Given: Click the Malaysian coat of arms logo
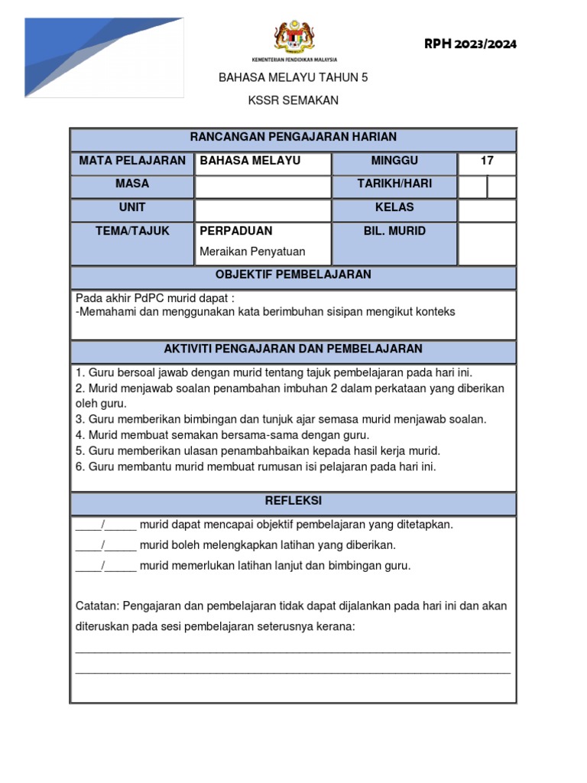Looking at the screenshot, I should coord(293,37).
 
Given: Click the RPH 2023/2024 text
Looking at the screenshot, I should coord(470,44).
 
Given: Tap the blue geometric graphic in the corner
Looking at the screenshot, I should coord(104,57).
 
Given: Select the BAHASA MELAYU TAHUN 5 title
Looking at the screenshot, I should coord(293,77).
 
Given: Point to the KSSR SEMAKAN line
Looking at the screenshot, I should coord(293,100).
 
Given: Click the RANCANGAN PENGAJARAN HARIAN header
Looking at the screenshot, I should coord(293,138).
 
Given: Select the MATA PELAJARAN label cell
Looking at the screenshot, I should coord(132,161).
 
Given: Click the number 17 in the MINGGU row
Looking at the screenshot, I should coord(487,161).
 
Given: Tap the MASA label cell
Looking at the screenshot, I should coord(132,184).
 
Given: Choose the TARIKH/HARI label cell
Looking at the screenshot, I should coord(394,184).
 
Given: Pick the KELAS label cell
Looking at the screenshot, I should coord(394,208).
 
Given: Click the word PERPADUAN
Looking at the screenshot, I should coord(236,231).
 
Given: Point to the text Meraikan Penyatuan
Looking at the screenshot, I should coord(252,252).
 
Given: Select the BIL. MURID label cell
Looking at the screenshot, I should coord(394,231).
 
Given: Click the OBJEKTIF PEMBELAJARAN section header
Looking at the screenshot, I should coord(293,275).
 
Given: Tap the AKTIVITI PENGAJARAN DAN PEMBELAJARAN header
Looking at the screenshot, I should coord(293,349).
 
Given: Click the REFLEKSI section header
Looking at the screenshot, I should coord(293,501).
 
